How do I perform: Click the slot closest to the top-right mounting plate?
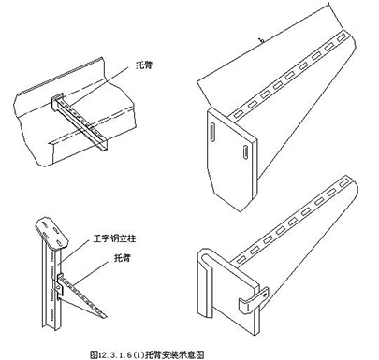[245, 114]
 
